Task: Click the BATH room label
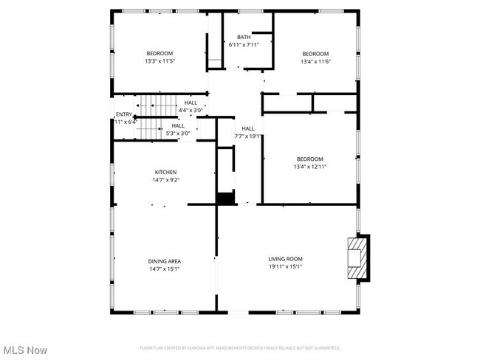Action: (x=244, y=37)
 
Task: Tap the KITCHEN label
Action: (x=165, y=172)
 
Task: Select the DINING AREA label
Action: (x=165, y=261)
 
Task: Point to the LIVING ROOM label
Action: (x=285, y=259)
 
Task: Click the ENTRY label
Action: (x=123, y=114)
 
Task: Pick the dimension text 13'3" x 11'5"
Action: (x=160, y=60)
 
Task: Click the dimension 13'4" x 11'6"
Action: (x=315, y=61)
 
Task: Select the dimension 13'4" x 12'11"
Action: (x=310, y=167)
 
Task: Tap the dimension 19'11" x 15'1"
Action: (x=285, y=266)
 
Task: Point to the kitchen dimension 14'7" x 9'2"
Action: (x=165, y=179)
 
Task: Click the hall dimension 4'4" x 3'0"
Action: (x=191, y=110)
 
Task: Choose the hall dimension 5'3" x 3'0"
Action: (x=178, y=133)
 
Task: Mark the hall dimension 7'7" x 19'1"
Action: (x=248, y=136)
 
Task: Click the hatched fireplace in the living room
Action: (x=357, y=257)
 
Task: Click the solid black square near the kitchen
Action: (x=224, y=198)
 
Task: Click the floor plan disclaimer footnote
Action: (x=240, y=347)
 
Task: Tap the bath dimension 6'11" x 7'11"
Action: (x=244, y=44)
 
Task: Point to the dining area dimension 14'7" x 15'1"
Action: (x=165, y=269)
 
